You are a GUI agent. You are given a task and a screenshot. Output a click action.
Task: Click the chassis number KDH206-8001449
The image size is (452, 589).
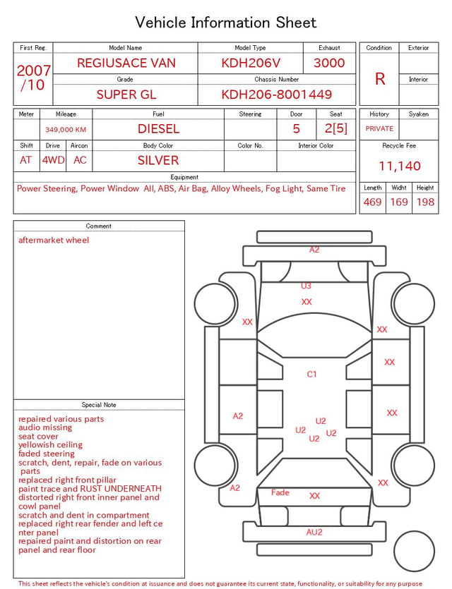pyautogui.click(x=276, y=95)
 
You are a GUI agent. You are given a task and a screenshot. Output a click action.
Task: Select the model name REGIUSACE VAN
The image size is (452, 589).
pyautogui.click(x=126, y=63)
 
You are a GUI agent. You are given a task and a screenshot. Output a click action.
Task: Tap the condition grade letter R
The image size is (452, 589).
pyautogui.click(x=380, y=79)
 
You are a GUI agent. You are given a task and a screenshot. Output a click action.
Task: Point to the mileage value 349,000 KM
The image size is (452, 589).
pyautogui.click(x=66, y=130)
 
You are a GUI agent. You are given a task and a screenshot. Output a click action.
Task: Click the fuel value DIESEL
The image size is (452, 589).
pyautogui.click(x=158, y=129)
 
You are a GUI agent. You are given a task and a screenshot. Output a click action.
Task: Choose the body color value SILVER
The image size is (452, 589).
pyautogui.click(x=158, y=160)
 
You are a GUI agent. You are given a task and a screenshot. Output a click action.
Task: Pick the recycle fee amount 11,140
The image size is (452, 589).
pyautogui.click(x=399, y=166)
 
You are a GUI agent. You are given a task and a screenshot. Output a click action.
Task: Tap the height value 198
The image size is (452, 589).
pyautogui.click(x=425, y=202)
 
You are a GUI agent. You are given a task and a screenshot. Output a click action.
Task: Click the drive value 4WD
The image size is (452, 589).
pyautogui.click(x=53, y=160)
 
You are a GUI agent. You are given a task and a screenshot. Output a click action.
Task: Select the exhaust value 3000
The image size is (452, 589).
pyautogui.click(x=329, y=63)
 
